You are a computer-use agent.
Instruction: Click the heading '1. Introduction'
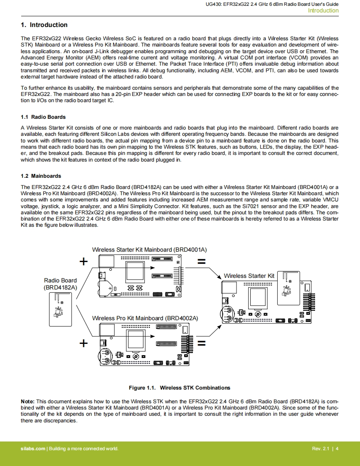click(44, 25)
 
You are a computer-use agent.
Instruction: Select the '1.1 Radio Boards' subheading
click(43, 117)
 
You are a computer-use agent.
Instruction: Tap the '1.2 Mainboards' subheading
click(41, 176)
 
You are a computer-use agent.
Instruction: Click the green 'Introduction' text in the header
click(323, 11)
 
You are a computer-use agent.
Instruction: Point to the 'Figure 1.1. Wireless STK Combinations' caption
click(179, 388)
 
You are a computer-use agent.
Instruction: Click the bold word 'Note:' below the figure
click(28, 402)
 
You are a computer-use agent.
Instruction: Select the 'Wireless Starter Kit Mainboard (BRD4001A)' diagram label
click(149, 250)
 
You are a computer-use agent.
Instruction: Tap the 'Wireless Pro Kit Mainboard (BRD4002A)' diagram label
click(145, 318)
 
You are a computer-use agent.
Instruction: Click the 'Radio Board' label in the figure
click(60, 280)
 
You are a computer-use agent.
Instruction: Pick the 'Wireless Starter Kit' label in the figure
click(249, 276)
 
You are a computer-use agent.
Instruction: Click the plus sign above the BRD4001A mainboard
click(84, 261)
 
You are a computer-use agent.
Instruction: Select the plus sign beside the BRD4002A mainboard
click(84, 343)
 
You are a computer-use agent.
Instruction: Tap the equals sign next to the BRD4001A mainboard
click(202, 262)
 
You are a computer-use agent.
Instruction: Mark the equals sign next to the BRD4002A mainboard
click(202, 343)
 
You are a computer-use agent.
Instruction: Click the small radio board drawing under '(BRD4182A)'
click(60, 309)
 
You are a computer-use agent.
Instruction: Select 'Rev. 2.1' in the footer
click(320, 449)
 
